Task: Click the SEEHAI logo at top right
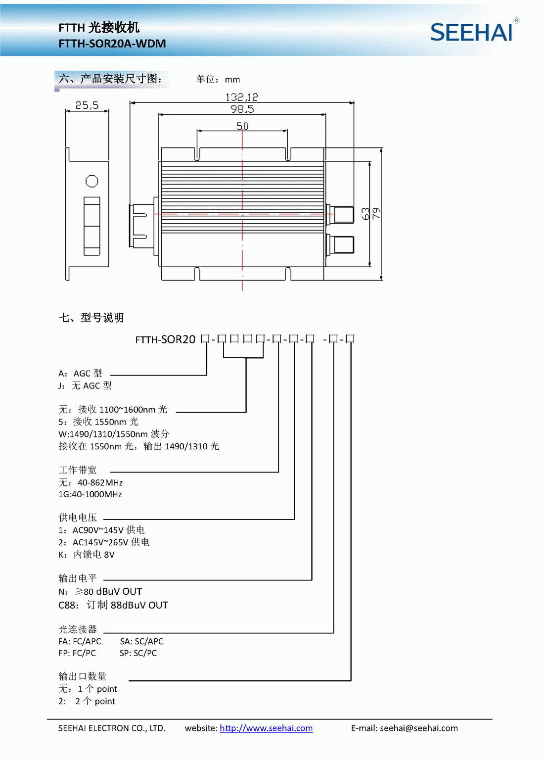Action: [x=472, y=32]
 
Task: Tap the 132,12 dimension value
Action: [x=241, y=97]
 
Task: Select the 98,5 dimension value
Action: [x=242, y=109]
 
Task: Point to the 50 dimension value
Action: [x=242, y=126]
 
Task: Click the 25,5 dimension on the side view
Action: [x=87, y=105]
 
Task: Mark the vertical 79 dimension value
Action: [x=377, y=214]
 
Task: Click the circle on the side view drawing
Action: [x=92, y=182]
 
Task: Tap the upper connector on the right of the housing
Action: [x=343, y=215]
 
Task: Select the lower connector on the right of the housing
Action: [x=343, y=244]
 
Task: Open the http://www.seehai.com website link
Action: [x=266, y=728]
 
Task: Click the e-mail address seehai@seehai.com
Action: [x=418, y=728]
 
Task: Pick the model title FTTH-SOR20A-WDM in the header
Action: [x=112, y=44]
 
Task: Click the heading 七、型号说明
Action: [x=91, y=318]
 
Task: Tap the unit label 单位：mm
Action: [x=218, y=79]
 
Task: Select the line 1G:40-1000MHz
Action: [x=90, y=494]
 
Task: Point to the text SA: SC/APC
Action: [x=141, y=641]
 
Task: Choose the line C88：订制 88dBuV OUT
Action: [x=113, y=605]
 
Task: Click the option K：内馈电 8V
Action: [x=87, y=555]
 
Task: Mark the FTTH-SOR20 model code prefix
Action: [x=166, y=339]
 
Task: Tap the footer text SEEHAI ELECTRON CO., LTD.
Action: [x=112, y=728]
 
